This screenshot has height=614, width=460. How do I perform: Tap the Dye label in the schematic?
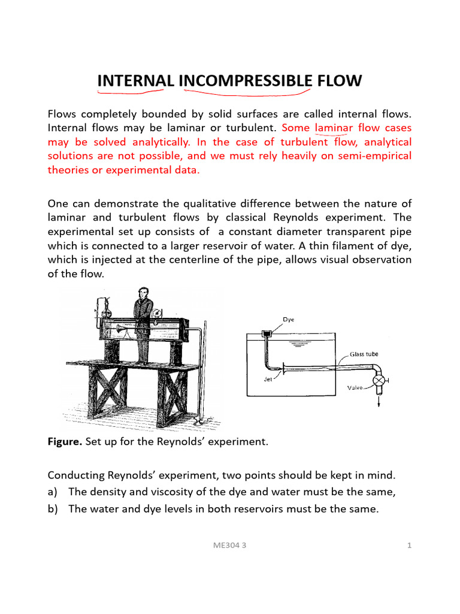pos(289,320)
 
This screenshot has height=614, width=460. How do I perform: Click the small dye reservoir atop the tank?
pos(268,332)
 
